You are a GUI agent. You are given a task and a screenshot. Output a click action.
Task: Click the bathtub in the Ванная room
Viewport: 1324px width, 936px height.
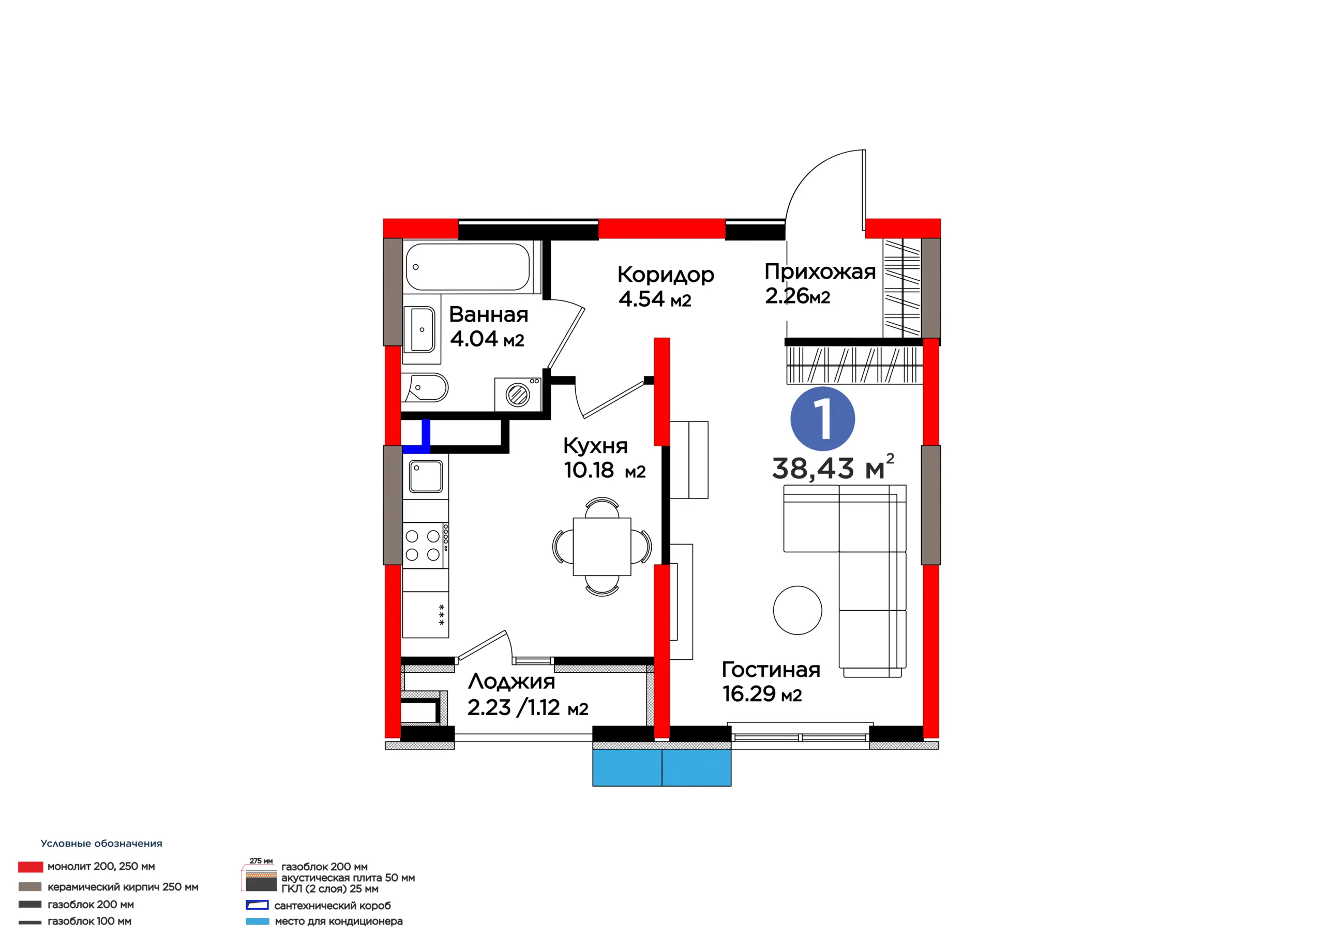[468, 266]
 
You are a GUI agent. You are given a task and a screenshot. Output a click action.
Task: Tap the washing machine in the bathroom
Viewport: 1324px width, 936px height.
[517, 395]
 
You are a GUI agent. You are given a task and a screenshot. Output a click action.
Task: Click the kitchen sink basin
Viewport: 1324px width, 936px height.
[426, 476]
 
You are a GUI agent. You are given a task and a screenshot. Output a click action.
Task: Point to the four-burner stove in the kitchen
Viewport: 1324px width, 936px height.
[426, 546]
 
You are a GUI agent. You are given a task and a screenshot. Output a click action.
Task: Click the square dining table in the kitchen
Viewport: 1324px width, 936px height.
[602, 546]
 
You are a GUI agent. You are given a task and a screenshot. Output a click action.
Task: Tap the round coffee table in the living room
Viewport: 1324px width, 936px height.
[798, 610]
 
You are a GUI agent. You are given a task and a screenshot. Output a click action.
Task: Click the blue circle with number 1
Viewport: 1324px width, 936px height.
[823, 419]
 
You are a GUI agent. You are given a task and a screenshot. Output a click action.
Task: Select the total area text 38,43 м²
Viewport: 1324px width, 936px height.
[833, 467]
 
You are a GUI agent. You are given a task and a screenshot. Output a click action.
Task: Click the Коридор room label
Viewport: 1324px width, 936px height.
[666, 275]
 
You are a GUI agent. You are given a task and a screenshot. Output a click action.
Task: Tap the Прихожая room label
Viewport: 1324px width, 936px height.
[820, 271]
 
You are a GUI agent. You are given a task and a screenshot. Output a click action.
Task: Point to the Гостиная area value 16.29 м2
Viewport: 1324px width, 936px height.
[762, 694]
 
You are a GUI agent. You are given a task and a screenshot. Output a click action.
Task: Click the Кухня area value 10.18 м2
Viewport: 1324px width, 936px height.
[605, 470]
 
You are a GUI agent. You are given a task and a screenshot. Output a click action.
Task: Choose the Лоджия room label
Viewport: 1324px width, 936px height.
[511, 682]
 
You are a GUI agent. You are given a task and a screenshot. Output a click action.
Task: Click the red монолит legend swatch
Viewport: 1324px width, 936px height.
[31, 867]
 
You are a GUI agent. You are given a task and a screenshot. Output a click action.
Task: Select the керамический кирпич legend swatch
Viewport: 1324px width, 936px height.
[30, 886]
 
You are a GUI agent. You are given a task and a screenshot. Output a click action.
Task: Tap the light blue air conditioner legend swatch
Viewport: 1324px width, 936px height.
[257, 921]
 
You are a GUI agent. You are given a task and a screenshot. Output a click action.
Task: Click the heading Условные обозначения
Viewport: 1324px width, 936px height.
[101, 843]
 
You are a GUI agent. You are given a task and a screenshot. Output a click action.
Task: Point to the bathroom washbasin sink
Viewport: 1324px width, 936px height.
[419, 329]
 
